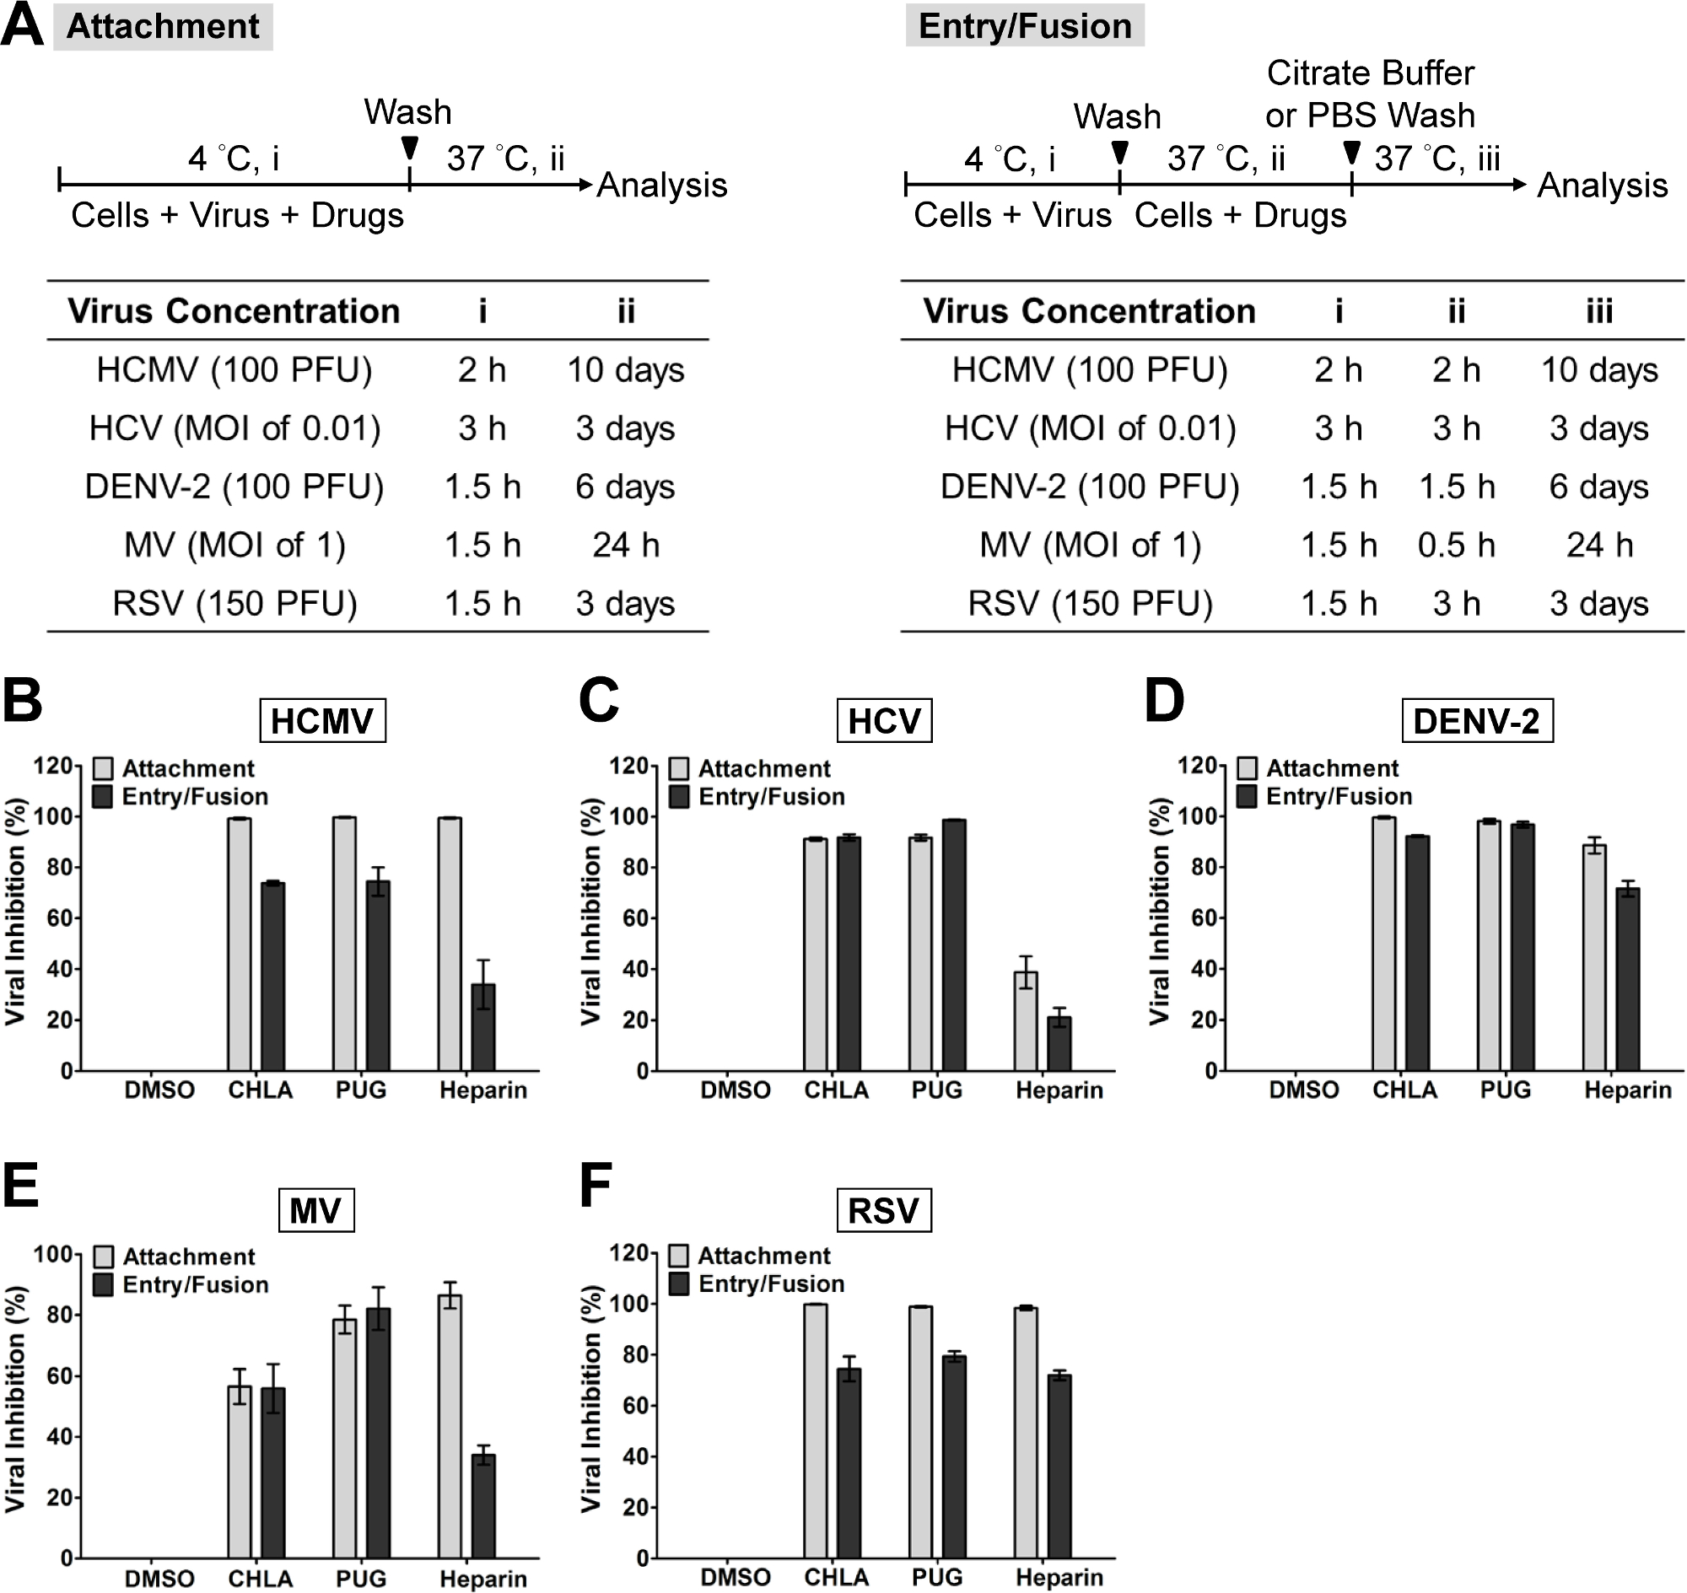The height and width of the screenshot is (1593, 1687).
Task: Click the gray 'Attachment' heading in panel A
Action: (x=162, y=26)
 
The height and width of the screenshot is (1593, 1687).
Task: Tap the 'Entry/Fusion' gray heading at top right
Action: (x=1025, y=26)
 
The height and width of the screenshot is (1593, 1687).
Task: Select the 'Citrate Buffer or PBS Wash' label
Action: (x=1369, y=94)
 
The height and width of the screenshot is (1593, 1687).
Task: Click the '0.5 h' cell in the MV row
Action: (x=1456, y=545)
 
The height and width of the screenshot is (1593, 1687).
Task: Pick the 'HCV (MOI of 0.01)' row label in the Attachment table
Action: (x=234, y=428)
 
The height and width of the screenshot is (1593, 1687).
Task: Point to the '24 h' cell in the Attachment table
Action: (x=625, y=545)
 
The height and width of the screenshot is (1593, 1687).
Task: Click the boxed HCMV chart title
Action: (x=322, y=721)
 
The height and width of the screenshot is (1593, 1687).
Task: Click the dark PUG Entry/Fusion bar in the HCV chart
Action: (x=954, y=944)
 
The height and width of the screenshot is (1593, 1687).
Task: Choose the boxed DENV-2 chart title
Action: (x=1476, y=721)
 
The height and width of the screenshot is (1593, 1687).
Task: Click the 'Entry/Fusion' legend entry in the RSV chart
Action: (x=770, y=1284)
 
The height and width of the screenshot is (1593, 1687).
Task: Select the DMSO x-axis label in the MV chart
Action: (x=159, y=1579)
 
